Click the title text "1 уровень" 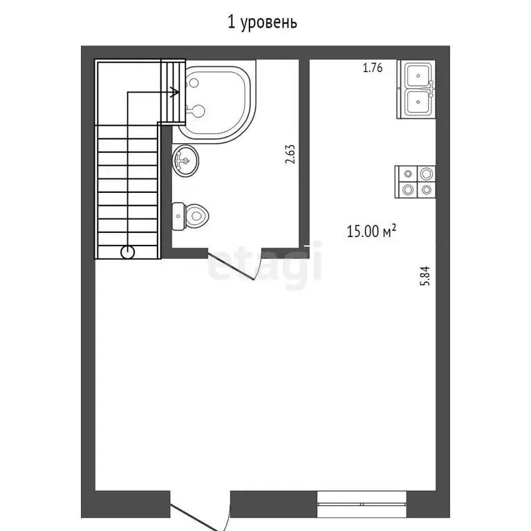point(263,23)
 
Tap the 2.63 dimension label point(290,153)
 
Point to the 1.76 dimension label point(373,68)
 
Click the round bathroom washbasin point(185,160)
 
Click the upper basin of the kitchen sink point(416,75)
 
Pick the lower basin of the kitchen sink point(416,103)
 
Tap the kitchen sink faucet point(431,88)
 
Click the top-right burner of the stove point(427,174)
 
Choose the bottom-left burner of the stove point(407,189)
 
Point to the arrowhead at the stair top point(176,91)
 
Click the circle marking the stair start point(128,252)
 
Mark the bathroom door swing point(235,266)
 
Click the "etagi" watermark point(265,263)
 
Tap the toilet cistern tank point(178,216)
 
